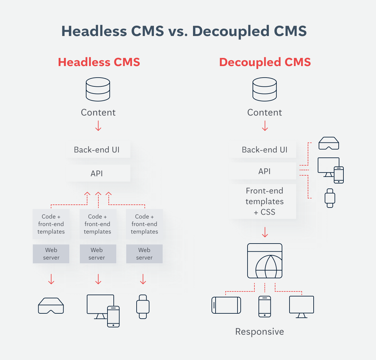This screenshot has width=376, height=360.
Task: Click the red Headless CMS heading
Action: click(x=99, y=62)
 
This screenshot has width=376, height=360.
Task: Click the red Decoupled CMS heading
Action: click(x=265, y=62)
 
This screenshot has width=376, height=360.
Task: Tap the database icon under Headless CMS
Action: click(x=98, y=89)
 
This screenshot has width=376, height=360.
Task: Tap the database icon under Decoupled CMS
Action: click(x=264, y=89)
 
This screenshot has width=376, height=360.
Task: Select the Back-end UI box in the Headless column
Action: click(x=97, y=150)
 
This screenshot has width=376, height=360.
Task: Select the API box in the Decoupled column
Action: click(x=264, y=171)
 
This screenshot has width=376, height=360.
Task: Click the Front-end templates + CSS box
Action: click(x=264, y=201)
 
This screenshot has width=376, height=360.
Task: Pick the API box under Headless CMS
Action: click(x=97, y=173)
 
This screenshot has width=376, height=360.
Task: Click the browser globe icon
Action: click(x=265, y=261)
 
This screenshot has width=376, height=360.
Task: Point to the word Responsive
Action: click(x=259, y=332)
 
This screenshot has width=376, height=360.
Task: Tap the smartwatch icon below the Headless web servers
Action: click(x=143, y=306)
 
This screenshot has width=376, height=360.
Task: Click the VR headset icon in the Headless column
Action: click(x=51, y=306)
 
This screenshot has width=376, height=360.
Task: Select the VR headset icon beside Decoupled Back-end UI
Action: click(x=329, y=143)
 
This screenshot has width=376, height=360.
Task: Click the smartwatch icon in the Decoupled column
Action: click(x=330, y=198)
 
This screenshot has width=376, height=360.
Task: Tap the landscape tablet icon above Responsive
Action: click(x=226, y=305)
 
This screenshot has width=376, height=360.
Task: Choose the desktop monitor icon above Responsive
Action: click(x=301, y=306)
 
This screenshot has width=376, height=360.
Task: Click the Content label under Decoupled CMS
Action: click(x=264, y=112)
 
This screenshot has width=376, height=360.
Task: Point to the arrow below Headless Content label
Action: click(x=98, y=126)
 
